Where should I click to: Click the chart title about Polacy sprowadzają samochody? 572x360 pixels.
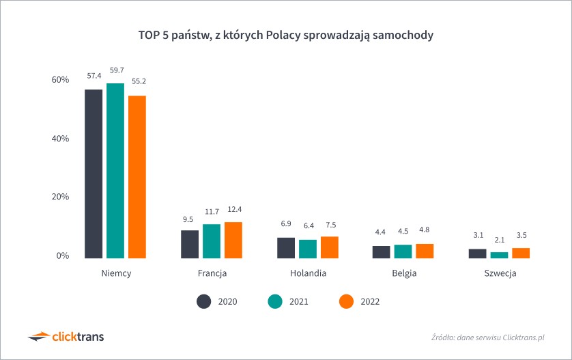pos(286,33)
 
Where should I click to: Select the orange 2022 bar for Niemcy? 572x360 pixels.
pos(137,177)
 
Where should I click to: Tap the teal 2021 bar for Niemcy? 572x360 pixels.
pos(115,171)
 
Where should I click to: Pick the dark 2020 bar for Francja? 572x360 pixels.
pos(190,244)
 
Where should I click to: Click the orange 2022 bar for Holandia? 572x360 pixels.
pos(330,247)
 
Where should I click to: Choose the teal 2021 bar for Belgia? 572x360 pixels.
pos(403,251)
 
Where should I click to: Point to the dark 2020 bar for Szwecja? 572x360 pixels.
pos(477,253)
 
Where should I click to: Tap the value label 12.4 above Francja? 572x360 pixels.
pos(233,207)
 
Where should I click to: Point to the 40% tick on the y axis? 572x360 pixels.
pos(60,139)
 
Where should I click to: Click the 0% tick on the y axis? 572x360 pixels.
pos(63,255)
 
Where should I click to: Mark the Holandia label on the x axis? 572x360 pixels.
pos(308,273)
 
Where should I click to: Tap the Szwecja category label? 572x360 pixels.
pos(500,273)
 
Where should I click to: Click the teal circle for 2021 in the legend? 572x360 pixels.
pos(274,301)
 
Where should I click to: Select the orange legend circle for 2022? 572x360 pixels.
pos(346,301)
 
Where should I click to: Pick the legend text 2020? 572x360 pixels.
pos(227,301)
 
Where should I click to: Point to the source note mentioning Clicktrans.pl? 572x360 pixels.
pos(488,337)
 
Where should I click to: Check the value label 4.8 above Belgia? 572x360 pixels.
pos(425,230)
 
